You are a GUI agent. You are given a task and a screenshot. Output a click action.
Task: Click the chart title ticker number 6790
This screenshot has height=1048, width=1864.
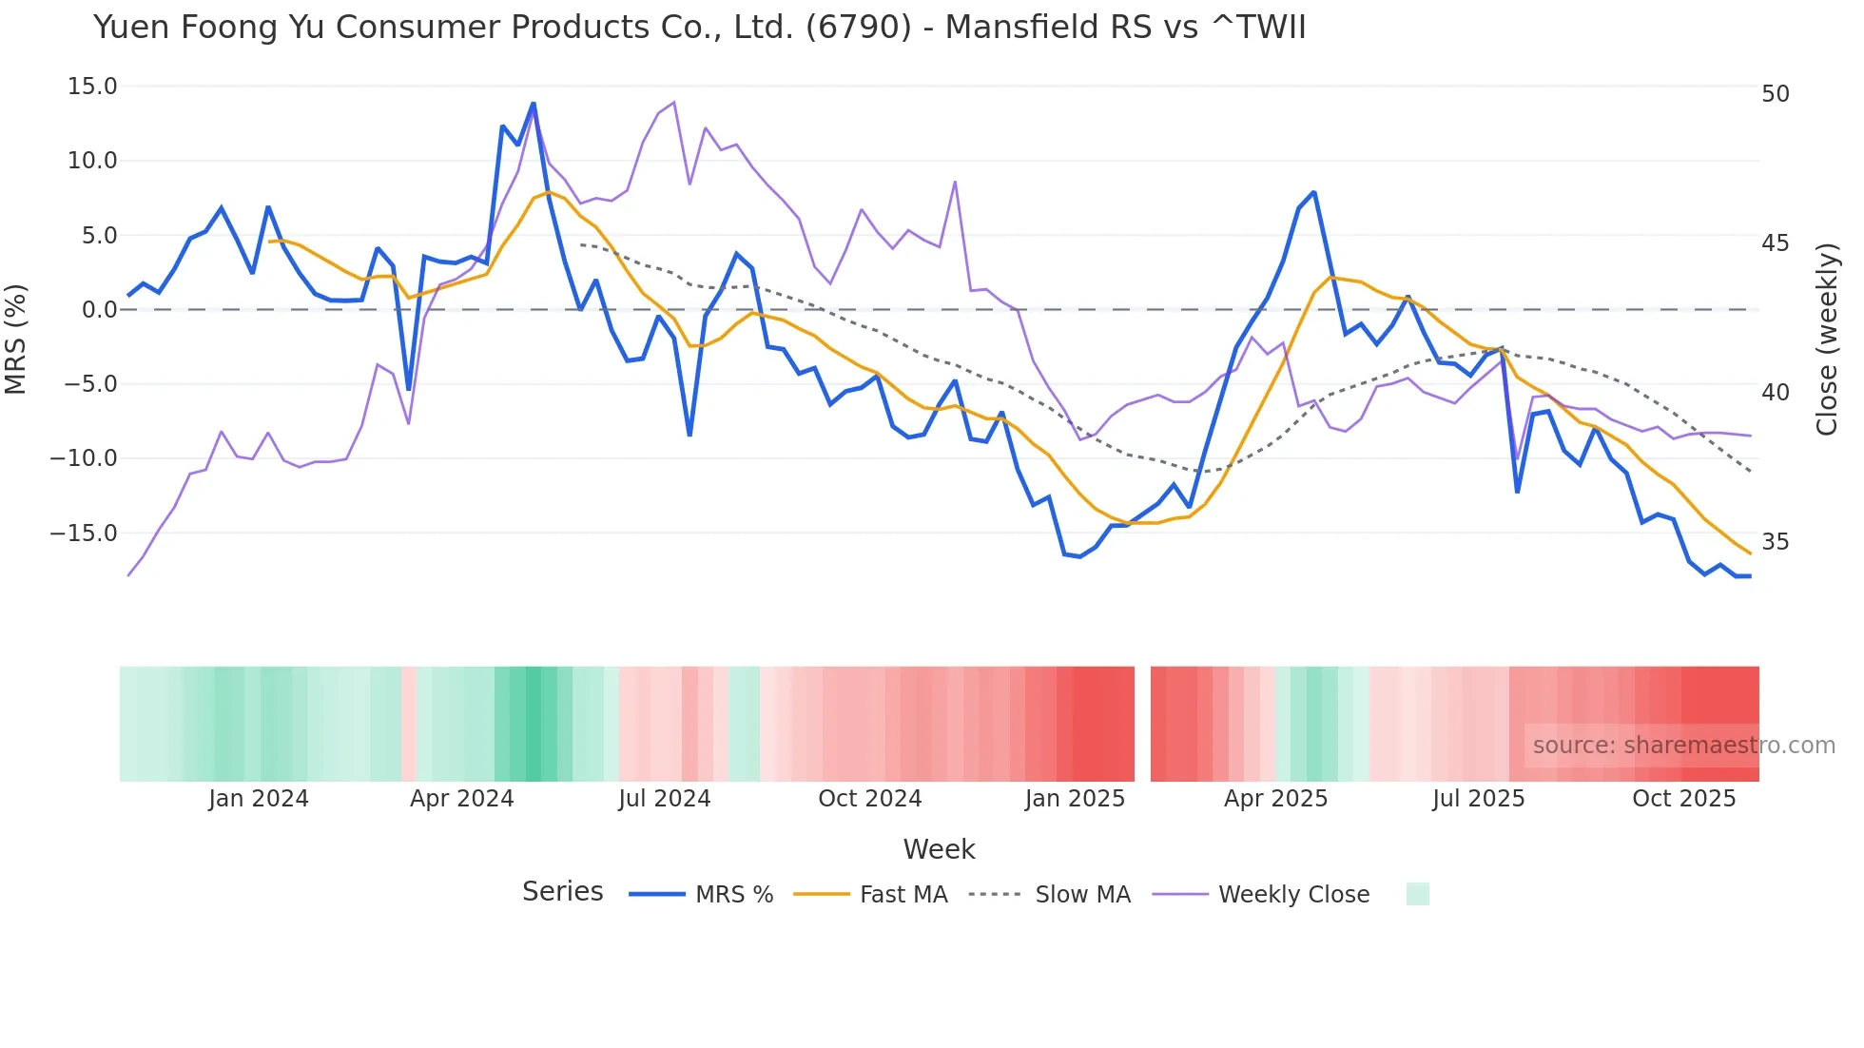(858, 28)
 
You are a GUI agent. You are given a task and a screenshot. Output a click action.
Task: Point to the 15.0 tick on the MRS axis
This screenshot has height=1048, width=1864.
(92, 87)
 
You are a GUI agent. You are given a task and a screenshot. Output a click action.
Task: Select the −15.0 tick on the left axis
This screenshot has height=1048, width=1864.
(84, 534)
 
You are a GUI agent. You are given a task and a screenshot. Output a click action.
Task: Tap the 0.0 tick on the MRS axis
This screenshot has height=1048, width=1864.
(99, 310)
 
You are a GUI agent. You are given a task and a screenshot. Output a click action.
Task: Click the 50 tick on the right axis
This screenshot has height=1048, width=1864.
(1775, 94)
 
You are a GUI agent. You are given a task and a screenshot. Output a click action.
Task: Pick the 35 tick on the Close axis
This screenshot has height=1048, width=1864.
(1775, 542)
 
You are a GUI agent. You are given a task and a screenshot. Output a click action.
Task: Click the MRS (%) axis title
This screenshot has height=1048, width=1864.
(16, 339)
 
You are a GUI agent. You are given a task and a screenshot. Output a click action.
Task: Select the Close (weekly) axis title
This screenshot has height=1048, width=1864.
(1826, 339)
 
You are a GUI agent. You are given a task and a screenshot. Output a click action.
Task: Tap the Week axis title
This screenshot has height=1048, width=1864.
(939, 849)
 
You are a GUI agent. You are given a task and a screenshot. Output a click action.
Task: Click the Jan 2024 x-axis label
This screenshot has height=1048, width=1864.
(259, 799)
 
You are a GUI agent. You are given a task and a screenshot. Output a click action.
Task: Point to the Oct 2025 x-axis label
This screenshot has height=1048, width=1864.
(1683, 799)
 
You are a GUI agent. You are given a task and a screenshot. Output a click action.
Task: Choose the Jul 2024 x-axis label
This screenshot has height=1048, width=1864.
(664, 799)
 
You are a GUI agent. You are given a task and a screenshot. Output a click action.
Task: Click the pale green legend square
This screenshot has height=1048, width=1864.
(1417, 894)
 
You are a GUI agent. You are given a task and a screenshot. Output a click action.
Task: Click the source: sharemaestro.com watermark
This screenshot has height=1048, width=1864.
(1683, 746)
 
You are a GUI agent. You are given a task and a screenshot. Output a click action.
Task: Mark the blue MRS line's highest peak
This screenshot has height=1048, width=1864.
(534, 104)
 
